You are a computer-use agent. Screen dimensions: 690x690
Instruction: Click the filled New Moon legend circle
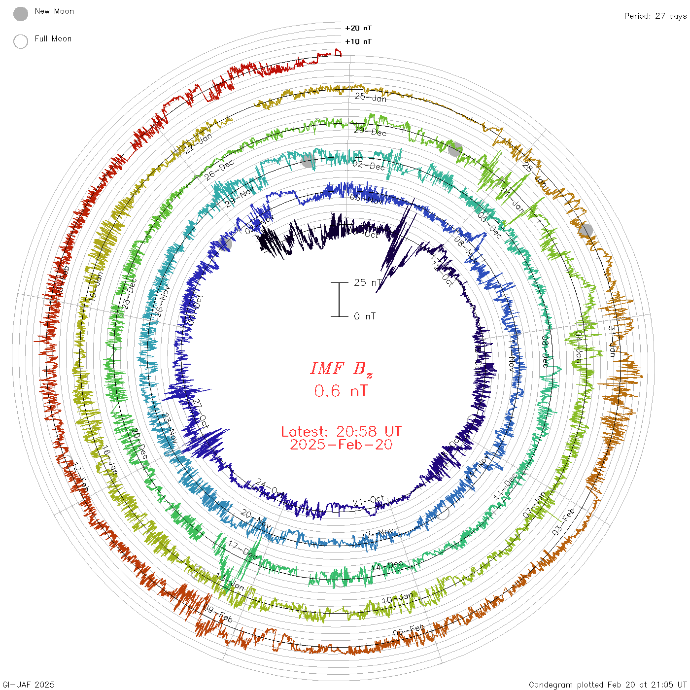[x=21, y=14]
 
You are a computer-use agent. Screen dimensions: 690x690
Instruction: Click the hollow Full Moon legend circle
[x=21, y=41]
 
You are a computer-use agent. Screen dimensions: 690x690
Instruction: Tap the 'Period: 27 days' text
[x=655, y=16]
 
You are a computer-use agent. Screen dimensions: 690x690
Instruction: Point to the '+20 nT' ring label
[x=358, y=28]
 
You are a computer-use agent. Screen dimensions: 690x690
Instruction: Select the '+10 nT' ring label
[x=358, y=41]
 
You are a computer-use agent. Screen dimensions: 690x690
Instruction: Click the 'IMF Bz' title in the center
[x=341, y=369]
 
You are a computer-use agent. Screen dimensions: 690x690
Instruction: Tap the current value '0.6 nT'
[x=341, y=391]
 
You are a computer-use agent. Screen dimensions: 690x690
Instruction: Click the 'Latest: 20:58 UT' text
[x=341, y=432]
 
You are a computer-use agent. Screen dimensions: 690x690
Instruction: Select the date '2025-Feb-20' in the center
[x=341, y=445]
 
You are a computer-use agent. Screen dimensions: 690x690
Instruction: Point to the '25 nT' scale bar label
[x=367, y=282]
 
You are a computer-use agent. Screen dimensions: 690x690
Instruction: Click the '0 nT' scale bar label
[x=365, y=316]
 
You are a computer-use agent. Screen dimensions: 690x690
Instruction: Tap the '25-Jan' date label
[x=371, y=97]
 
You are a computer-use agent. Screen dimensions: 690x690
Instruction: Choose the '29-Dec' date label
[x=370, y=131]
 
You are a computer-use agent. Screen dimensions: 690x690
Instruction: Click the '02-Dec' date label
[x=369, y=165]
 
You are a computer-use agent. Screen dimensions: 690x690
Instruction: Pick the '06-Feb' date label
[x=409, y=630]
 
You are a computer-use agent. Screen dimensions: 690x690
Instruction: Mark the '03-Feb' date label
[x=564, y=522]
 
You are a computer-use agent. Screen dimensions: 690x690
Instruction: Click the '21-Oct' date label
[x=368, y=502]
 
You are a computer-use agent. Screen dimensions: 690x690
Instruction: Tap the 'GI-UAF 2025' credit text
[x=28, y=685]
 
